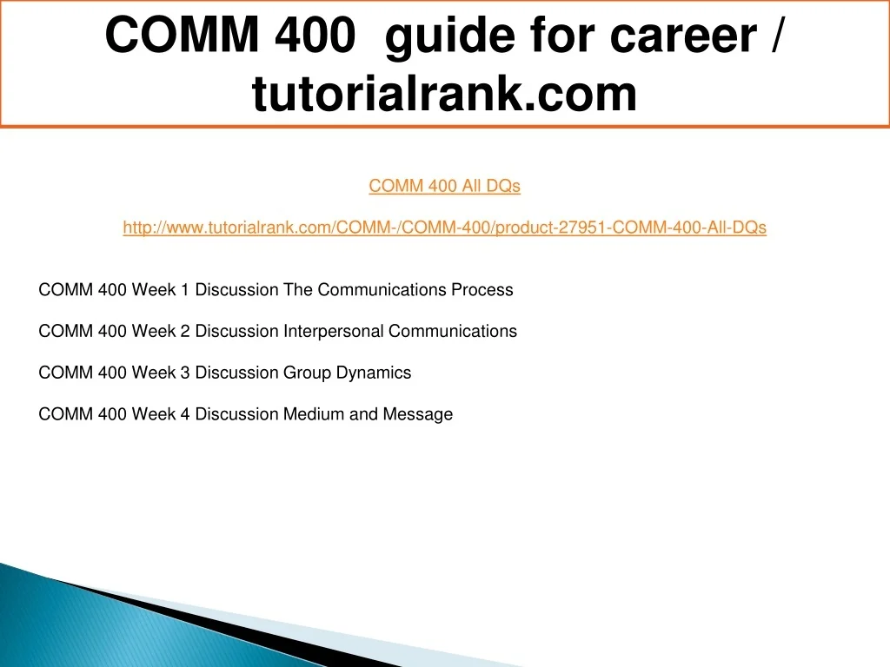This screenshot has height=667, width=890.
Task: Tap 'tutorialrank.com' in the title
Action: pyautogui.click(x=444, y=94)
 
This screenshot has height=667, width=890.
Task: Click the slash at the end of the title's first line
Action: pyautogui.click(x=777, y=35)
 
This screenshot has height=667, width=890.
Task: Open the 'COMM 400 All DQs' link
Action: pyautogui.click(x=444, y=186)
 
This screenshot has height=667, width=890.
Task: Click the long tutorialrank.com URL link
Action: pyautogui.click(x=444, y=228)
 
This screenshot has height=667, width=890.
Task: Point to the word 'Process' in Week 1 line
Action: pyautogui.click(x=482, y=289)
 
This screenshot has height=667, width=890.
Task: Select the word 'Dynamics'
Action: pyautogui.click(x=374, y=373)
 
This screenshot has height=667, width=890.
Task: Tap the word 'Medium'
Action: pyautogui.click(x=313, y=414)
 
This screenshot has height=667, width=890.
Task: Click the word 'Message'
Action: pyautogui.click(x=418, y=414)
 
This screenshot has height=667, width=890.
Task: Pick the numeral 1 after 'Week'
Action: pyautogui.click(x=184, y=290)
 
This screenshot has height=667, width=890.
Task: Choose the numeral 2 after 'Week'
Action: pyautogui.click(x=185, y=331)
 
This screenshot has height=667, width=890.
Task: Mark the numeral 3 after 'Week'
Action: pyautogui.click(x=185, y=373)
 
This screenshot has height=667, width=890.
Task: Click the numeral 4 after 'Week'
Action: pyautogui.click(x=185, y=414)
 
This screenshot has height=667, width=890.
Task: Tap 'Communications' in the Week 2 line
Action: pyautogui.click(x=452, y=331)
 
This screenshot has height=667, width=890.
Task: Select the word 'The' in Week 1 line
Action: pyautogui.click(x=298, y=289)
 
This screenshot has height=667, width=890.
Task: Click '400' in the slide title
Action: pyautogui.click(x=315, y=35)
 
